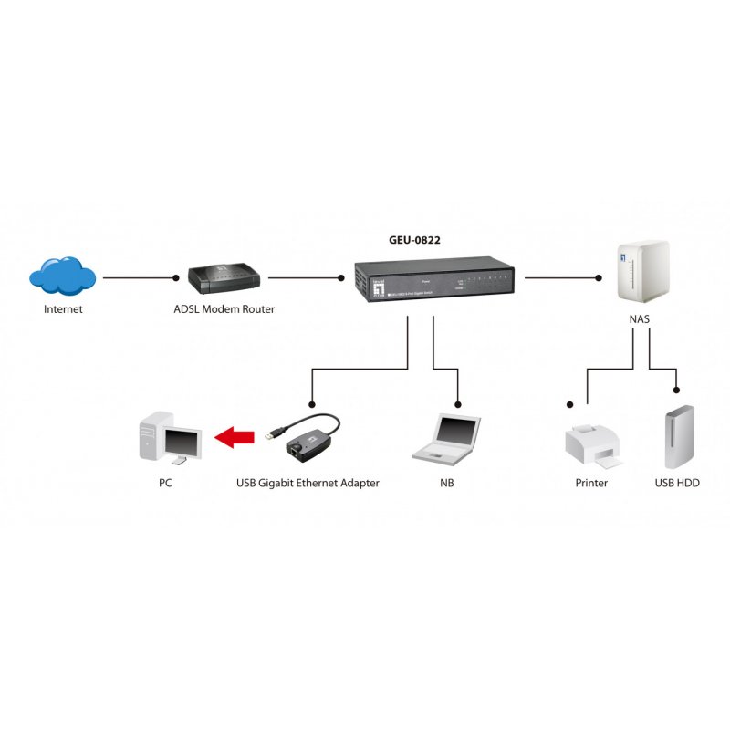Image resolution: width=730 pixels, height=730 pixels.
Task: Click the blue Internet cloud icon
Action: coord(62,276)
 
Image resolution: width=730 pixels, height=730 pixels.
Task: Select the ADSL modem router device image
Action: coord(224,277)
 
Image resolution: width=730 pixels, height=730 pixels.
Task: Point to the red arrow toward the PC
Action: coord(235,439)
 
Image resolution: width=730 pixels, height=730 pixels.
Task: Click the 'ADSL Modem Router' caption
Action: coord(224,309)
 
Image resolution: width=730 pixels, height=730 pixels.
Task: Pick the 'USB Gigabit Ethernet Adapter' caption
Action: coord(308,483)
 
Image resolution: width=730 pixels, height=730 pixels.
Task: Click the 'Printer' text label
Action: coord(591,483)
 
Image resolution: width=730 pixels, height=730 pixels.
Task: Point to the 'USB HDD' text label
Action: coord(677,483)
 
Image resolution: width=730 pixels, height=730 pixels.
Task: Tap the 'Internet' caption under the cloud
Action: coord(63,309)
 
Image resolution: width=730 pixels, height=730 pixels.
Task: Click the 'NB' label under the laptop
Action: coord(446,483)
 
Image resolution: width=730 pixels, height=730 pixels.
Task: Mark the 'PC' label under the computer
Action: coord(165,483)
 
